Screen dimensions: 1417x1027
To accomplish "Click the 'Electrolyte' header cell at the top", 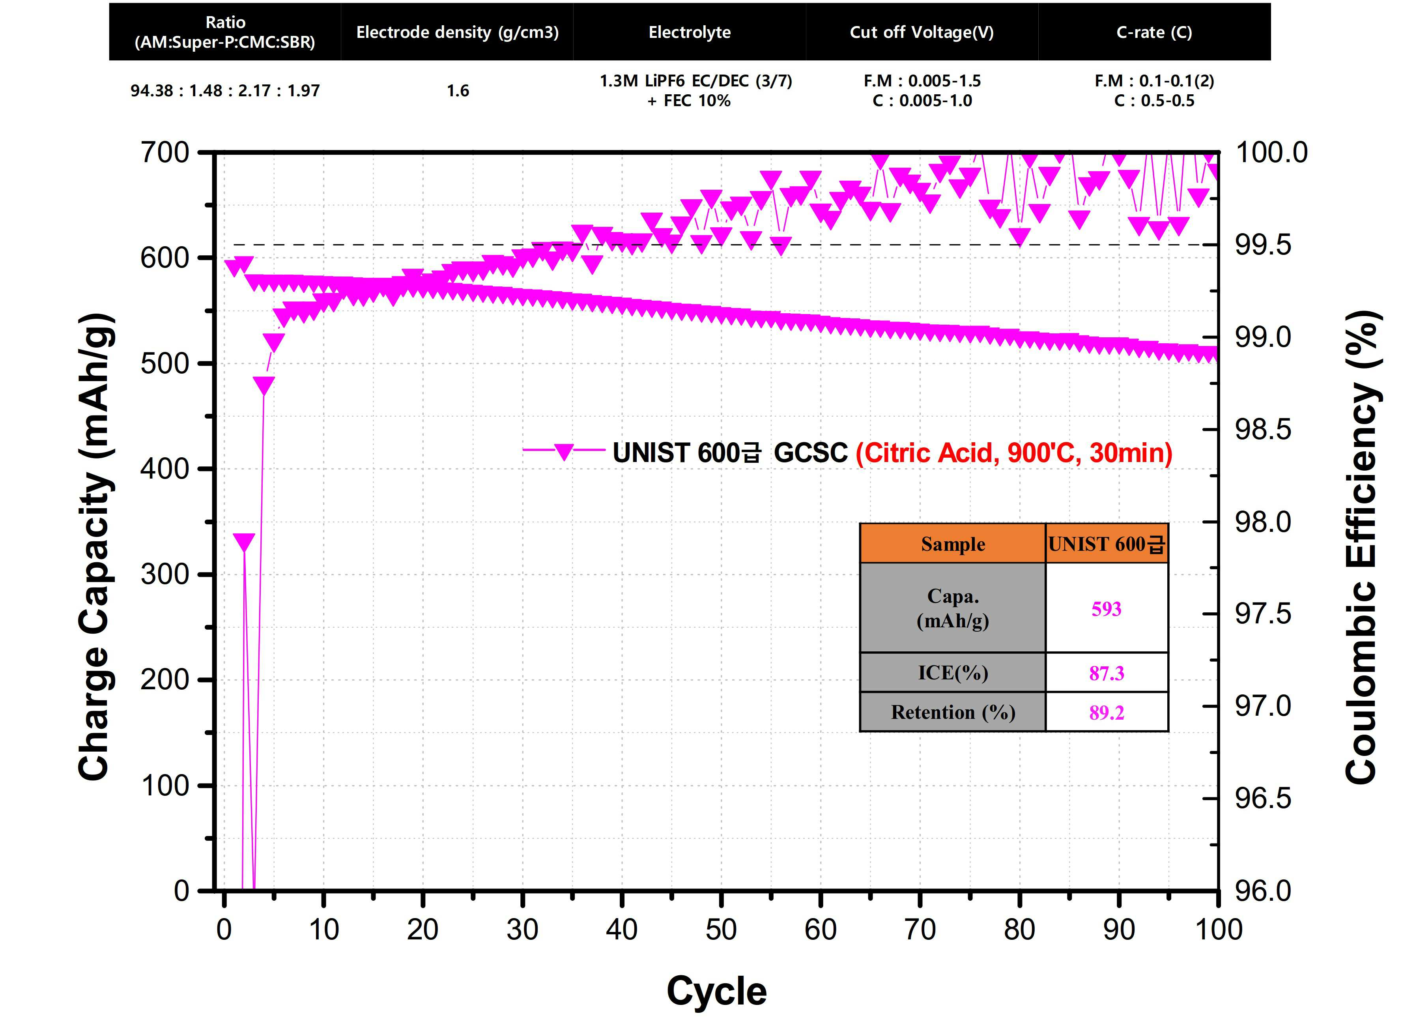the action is pos(689,32).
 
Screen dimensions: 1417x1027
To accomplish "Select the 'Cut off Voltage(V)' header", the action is pos(922,32).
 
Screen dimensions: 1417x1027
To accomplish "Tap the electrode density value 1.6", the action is pos(458,91).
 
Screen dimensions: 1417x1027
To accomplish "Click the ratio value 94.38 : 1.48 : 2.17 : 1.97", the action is pos(225,91).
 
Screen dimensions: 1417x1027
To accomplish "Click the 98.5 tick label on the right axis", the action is pos(1263,430).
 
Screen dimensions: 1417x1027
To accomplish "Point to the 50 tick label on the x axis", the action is pos(721,930).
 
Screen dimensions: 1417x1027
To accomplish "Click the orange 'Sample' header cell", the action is pos(953,544).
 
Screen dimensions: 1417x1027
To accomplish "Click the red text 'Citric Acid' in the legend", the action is pos(928,453).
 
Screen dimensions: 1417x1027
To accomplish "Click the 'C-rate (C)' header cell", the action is pos(1154,32).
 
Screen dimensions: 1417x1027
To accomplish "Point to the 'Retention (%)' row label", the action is pos(953,712).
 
